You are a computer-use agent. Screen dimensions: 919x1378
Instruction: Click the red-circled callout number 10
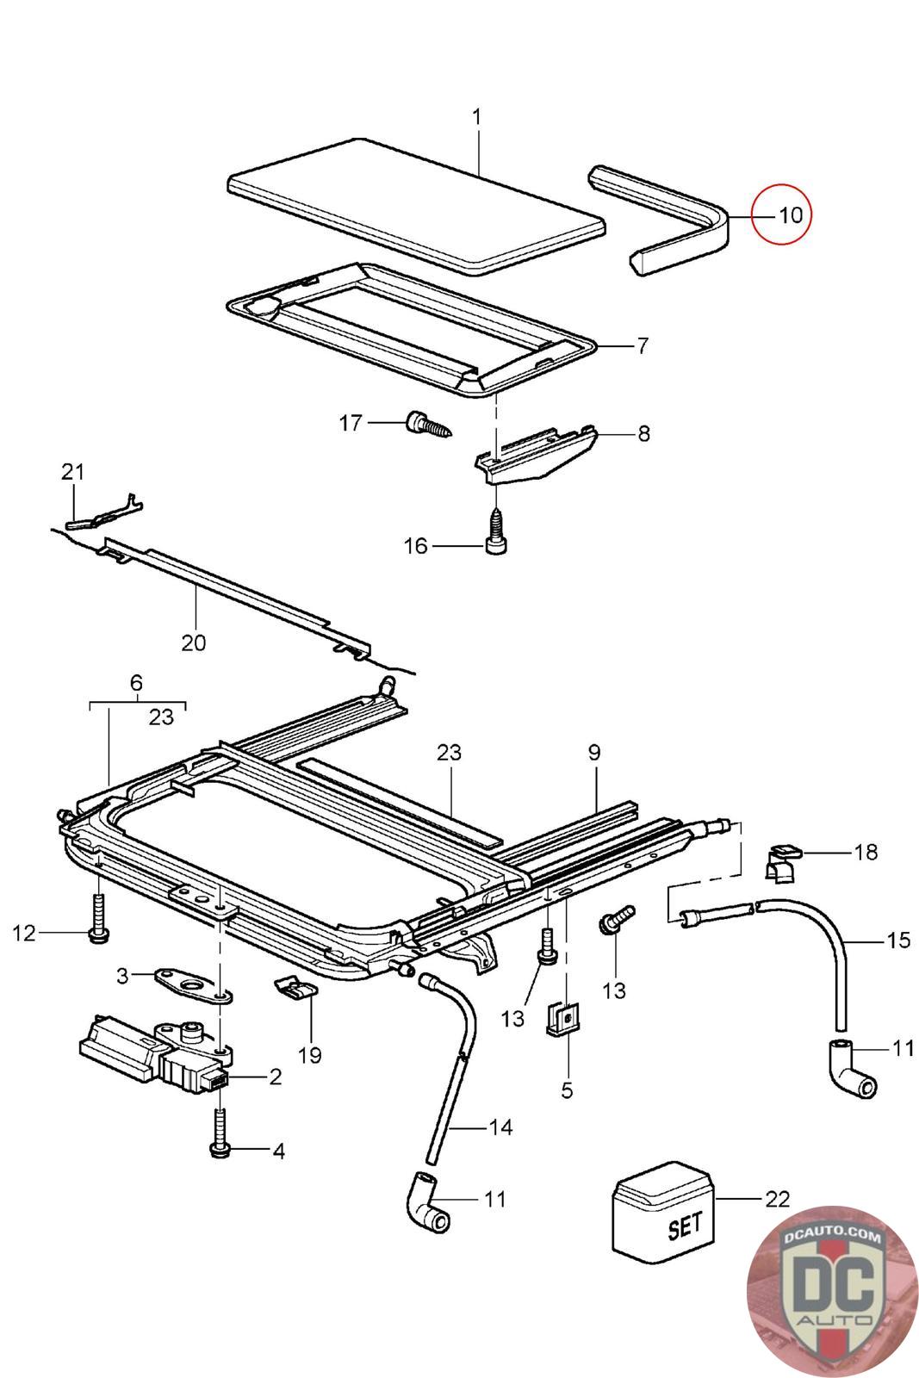coord(791,215)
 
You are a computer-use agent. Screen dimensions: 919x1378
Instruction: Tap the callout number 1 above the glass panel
coord(476,116)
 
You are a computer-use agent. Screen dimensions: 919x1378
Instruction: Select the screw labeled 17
coord(430,423)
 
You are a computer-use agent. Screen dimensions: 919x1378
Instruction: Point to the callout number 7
coord(643,345)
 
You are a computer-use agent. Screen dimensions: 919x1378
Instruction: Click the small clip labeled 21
coord(103,512)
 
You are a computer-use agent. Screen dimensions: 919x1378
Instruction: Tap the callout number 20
coord(193,642)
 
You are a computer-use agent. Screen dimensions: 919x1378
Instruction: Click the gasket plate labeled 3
coord(193,985)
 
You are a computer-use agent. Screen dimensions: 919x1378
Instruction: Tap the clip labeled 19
coord(296,988)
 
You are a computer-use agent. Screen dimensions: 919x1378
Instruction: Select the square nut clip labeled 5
coord(562,1018)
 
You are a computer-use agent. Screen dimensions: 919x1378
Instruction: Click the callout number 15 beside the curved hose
coord(897,940)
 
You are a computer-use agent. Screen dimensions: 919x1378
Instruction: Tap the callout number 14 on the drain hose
coord(500,1127)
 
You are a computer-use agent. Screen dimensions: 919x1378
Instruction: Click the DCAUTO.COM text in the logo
coord(831,1233)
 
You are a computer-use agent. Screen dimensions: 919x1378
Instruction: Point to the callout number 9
coord(593,753)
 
